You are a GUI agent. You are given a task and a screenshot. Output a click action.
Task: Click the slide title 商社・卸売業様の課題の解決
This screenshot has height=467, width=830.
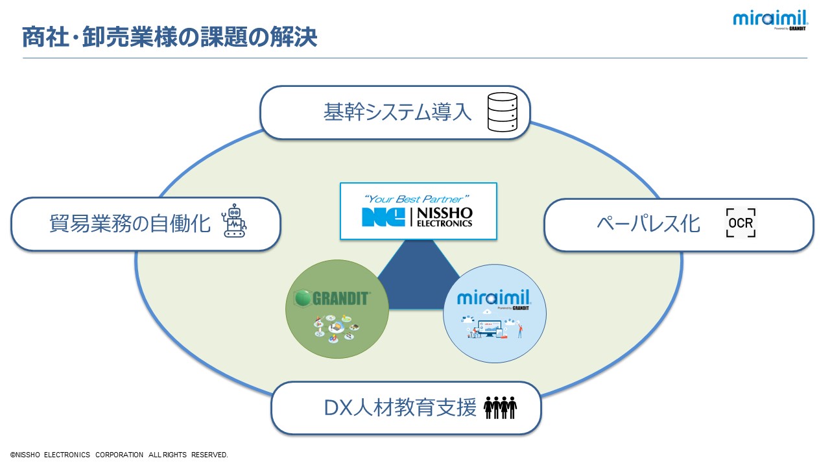click(x=169, y=37)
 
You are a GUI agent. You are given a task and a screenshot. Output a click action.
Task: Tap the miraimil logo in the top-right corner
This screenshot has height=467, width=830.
click(x=770, y=19)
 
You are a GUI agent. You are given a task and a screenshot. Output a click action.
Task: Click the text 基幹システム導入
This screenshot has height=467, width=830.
click(x=397, y=113)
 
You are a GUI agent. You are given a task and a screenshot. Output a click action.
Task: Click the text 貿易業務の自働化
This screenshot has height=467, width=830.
click(x=130, y=224)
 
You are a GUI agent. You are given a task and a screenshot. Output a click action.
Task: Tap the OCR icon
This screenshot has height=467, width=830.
click(x=741, y=223)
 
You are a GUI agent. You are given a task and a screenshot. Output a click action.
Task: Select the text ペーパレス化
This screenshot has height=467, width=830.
click(x=648, y=224)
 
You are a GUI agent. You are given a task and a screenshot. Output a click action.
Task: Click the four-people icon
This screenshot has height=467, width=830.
click(x=500, y=408)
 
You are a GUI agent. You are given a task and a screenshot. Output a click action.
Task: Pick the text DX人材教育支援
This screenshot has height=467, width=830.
click(x=400, y=409)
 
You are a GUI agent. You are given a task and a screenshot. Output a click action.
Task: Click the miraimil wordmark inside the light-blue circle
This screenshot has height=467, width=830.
click(x=494, y=298)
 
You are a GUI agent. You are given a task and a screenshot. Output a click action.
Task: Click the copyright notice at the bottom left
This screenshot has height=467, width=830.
click(x=119, y=455)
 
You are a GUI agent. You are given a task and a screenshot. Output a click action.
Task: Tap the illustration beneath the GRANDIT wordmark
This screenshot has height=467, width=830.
click(x=334, y=327)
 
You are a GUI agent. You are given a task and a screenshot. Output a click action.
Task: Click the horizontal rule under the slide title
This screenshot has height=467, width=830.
click(x=415, y=58)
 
